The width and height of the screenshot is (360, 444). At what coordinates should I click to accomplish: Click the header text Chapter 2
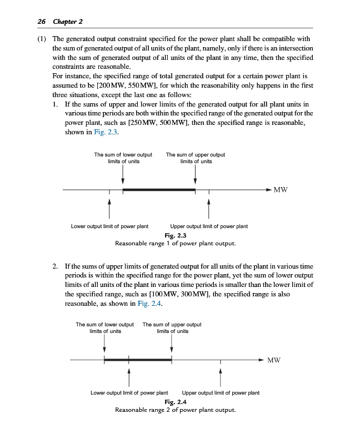click(x=67, y=22)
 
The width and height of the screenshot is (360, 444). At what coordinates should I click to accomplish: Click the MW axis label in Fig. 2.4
click(x=274, y=360)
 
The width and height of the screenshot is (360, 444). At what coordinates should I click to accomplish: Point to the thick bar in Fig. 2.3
click(x=159, y=190)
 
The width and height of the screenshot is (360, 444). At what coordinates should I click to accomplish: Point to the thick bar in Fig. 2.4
click(x=138, y=360)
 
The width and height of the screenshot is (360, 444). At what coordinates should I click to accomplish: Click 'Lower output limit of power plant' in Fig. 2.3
click(x=109, y=226)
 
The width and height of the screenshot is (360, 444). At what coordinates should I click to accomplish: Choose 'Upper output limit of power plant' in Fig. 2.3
click(x=209, y=226)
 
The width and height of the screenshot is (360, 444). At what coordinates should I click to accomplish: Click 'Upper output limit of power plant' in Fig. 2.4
click(x=221, y=393)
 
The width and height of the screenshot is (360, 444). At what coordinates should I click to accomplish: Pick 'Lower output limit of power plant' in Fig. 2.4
click(x=129, y=393)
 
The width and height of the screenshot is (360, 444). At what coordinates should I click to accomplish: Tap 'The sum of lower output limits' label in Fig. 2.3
click(x=123, y=158)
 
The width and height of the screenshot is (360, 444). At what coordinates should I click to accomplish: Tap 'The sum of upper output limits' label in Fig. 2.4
click(x=172, y=327)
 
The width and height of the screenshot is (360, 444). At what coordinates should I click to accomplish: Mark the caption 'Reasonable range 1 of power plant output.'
click(x=176, y=243)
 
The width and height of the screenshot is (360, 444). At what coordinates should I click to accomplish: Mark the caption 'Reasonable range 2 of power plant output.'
click(x=176, y=410)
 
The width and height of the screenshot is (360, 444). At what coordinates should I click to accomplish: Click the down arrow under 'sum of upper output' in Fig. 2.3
click(x=196, y=175)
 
